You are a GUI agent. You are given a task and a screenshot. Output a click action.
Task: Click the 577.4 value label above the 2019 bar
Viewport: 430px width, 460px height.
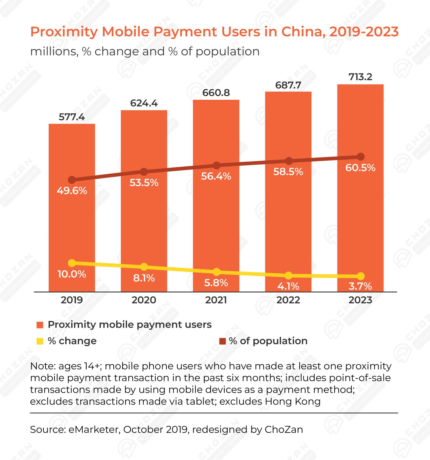pos(72,117)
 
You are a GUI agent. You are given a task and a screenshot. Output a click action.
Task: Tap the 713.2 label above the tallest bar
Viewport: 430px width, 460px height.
pos(360,77)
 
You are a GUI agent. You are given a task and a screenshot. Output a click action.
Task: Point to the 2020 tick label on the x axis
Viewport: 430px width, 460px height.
pos(144,300)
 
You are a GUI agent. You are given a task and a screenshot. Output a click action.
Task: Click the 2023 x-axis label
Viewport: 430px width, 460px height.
pos(360,300)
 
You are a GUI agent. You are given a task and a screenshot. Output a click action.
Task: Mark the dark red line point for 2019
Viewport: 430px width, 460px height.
pos(72,180)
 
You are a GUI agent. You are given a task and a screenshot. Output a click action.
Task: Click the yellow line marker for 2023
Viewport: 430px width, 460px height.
pos(361,276)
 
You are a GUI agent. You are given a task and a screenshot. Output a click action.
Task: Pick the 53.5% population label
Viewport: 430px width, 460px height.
pos(144,183)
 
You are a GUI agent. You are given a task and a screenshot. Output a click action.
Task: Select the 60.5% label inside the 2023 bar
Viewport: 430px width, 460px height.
pos(360,168)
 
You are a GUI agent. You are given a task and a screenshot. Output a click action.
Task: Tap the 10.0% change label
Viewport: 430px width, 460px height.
pos(72,274)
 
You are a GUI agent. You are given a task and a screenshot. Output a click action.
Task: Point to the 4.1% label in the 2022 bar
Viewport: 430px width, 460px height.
pos(288,286)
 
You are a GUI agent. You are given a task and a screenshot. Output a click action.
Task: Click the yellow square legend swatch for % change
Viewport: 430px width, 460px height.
pos(40,341)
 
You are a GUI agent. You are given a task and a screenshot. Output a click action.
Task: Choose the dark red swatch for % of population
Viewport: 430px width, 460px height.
pos(223,341)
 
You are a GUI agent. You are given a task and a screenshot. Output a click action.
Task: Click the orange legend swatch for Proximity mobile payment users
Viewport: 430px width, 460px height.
pos(40,325)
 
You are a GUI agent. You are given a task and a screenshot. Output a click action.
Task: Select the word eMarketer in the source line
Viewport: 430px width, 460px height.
pos(94,429)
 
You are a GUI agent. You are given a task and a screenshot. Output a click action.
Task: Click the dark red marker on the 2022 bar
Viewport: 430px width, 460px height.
pos(289,161)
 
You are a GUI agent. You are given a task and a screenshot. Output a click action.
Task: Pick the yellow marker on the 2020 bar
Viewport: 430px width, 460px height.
pos(144,267)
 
